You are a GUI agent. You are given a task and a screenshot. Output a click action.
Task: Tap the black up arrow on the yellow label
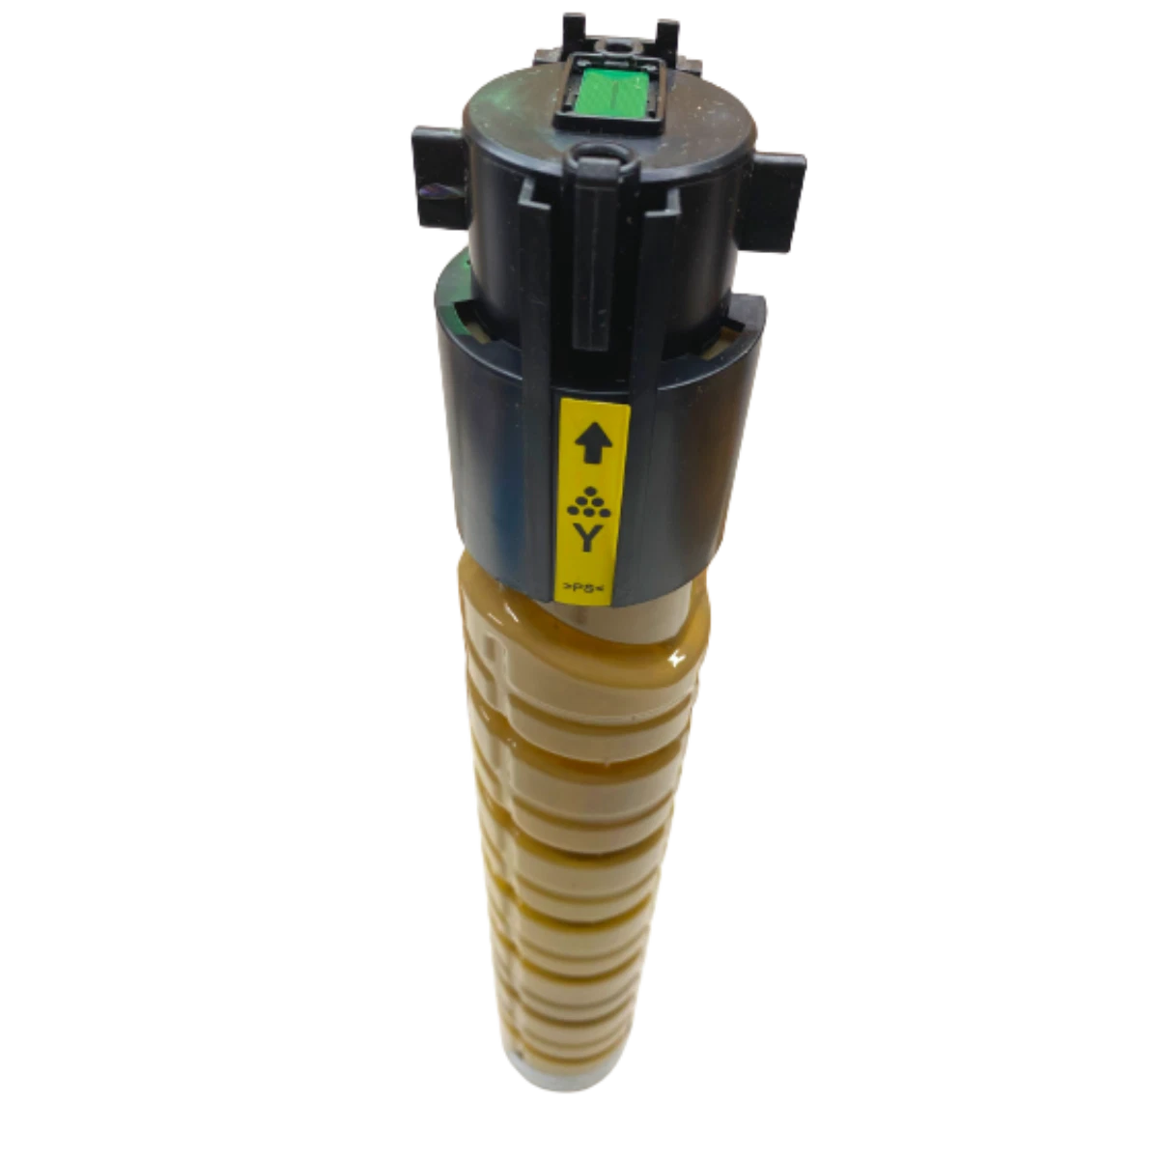tap(594, 442)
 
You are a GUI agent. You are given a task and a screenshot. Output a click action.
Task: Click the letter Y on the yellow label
tap(587, 537)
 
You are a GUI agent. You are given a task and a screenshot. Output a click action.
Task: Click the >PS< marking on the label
tap(581, 586)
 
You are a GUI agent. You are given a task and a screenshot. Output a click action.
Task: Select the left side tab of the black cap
tap(438, 176)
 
